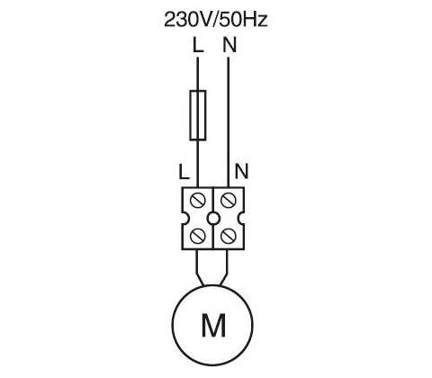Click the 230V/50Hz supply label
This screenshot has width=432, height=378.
point(215,20)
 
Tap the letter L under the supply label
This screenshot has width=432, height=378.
point(198,45)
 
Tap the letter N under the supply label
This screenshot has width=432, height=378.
point(229,45)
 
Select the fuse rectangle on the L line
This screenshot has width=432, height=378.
point(198,115)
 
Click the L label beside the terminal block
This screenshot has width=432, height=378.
point(184,172)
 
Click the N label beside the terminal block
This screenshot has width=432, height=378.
point(242,172)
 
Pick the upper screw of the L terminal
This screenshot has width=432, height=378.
point(198,200)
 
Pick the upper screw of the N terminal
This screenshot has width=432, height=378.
point(228,200)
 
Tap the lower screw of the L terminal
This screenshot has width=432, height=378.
point(198,236)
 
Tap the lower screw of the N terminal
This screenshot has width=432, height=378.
point(228,236)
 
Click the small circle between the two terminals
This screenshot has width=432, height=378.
point(213,218)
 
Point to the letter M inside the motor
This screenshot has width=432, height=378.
point(213,325)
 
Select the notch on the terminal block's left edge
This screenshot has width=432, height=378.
point(185,218)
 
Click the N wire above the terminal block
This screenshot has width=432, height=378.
point(229,122)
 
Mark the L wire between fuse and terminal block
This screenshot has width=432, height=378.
point(198,164)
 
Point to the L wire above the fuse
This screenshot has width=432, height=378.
point(198,74)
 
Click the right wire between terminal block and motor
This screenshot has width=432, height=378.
point(225,267)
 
